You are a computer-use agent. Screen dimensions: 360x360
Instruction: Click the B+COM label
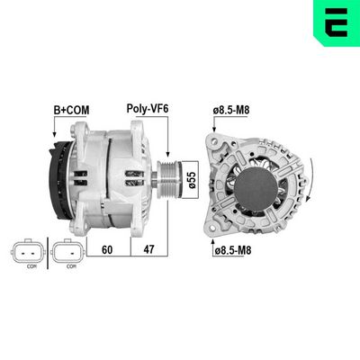click(71, 111)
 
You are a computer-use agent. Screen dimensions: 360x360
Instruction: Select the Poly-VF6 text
click(148, 111)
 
